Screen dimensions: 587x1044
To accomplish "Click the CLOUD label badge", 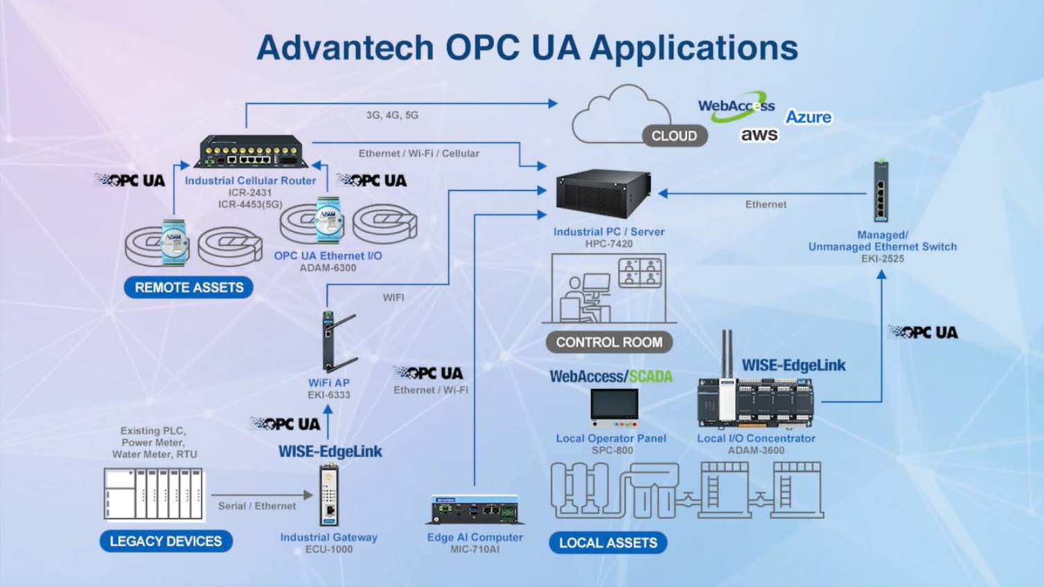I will [x=674, y=136].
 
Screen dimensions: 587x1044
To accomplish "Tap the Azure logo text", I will [x=808, y=117].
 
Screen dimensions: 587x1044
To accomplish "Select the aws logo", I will [x=759, y=135].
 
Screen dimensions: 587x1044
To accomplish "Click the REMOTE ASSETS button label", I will [x=188, y=287].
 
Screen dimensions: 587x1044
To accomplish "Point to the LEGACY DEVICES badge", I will [x=166, y=541].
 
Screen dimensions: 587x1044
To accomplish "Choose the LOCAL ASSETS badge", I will [x=608, y=543].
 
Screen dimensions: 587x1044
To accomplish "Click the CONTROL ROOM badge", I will [x=609, y=342].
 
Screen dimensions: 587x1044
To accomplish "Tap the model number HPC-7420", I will [x=609, y=244].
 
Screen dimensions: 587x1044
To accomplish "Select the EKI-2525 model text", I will [x=883, y=258].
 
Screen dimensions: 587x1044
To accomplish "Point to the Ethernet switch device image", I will [x=881, y=192].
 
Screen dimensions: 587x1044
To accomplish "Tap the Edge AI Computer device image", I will [x=475, y=511].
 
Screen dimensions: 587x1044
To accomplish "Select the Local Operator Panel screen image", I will [x=614, y=407].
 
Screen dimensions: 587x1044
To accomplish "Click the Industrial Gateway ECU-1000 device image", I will [x=329, y=495].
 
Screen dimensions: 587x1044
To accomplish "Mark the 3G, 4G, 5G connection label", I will [x=392, y=115].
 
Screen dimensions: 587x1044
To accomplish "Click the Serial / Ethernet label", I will [x=256, y=506].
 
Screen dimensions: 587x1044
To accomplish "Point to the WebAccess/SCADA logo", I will [x=610, y=377].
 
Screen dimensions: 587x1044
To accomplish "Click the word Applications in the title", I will [x=693, y=47].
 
